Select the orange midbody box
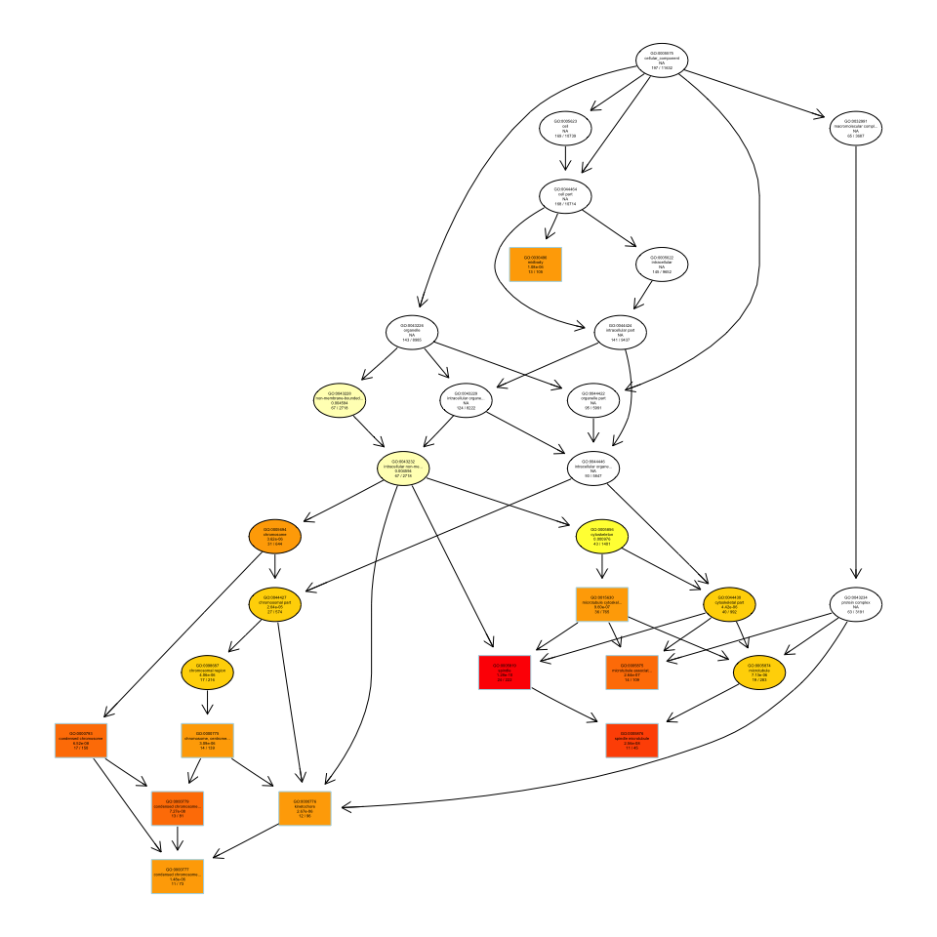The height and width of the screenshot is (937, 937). click(535, 264)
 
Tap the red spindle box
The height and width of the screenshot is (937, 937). click(505, 672)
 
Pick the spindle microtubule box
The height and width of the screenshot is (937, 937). click(631, 741)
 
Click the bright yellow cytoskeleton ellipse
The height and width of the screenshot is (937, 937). click(602, 538)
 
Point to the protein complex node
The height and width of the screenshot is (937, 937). click(855, 605)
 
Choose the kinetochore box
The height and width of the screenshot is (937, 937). click(305, 808)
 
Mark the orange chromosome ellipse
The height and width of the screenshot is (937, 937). click(275, 536)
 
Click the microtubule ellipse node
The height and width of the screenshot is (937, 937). click(758, 672)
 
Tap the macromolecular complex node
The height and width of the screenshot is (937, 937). click(855, 129)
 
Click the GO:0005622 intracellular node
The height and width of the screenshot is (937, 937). click(662, 264)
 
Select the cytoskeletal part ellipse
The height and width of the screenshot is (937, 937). click(729, 605)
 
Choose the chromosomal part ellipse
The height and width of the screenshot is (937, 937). click(275, 605)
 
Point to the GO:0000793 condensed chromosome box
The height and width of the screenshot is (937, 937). click(80, 741)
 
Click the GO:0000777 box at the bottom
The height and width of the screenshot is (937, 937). click(177, 876)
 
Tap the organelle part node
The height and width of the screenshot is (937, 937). click(593, 400)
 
